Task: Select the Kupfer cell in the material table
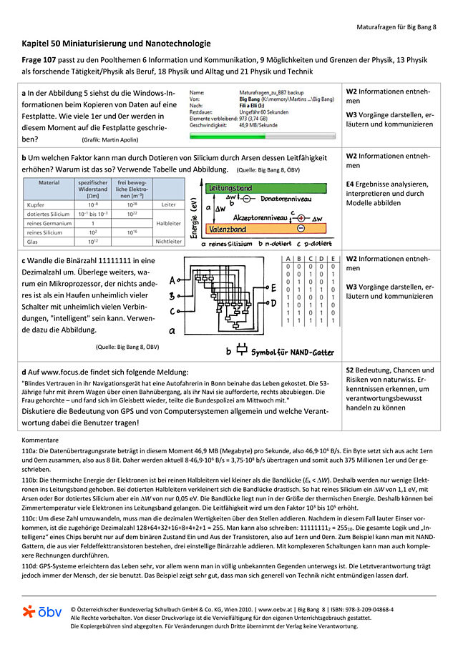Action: (x=36, y=204)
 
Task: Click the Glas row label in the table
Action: (x=33, y=242)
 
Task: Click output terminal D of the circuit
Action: (x=273, y=302)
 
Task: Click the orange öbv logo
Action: (x=42, y=612)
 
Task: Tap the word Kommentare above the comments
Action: (x=42, y=440)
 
